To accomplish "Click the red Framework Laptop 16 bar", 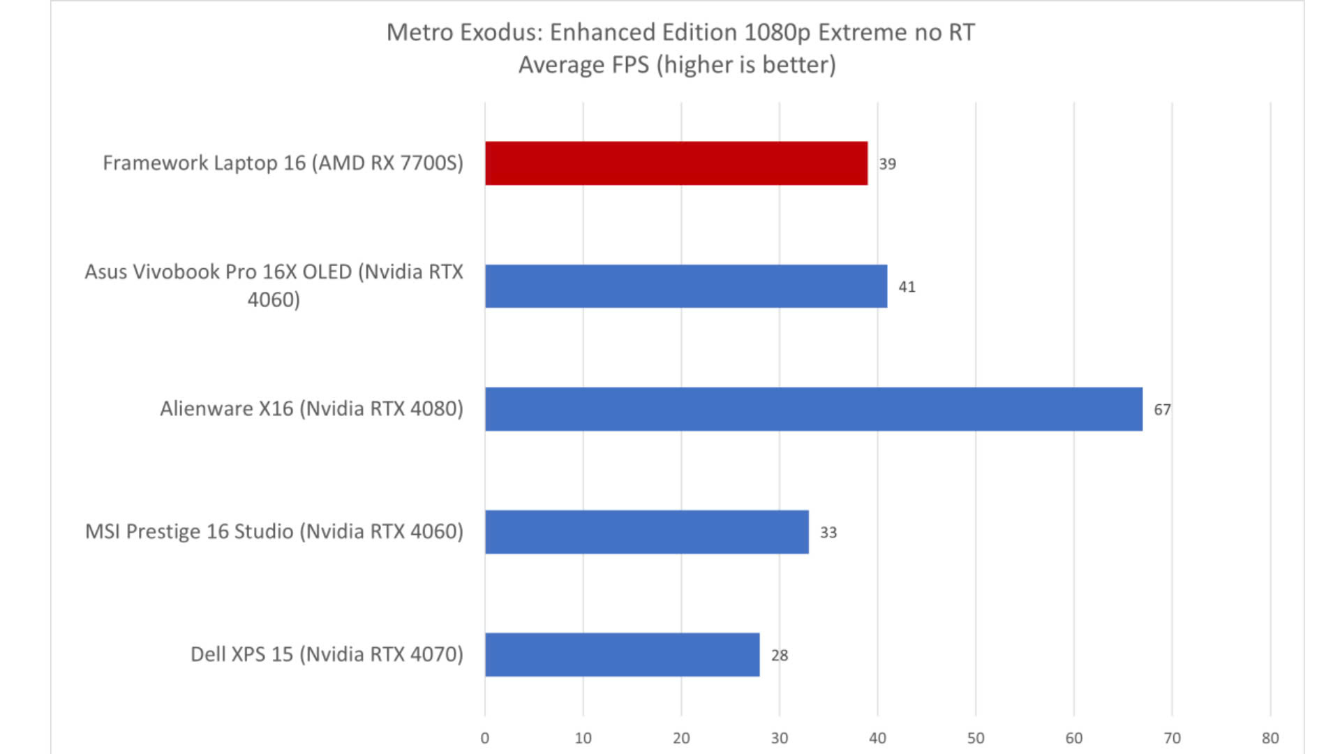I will click(676, 163).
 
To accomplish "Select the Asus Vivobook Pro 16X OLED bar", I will click(685, 286).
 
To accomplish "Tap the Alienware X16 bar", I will click(813, 409).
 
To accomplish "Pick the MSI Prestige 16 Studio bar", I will click(646, 532).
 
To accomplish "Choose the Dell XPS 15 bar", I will click(622, 655).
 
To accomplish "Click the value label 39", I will click(887, 164).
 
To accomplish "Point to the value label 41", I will click(907, 287).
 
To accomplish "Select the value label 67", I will click(1162, 410).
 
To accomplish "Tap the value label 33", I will click(828, 533).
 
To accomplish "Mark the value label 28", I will click(779, 656).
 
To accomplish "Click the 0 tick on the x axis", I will click(485, 738).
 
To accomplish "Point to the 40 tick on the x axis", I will click(877, 738).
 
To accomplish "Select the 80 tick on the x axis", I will click(1270, 738).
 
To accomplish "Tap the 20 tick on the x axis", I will click(681, 738).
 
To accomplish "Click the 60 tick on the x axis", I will click(1073, 738).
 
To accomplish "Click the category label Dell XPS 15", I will click(327, 654).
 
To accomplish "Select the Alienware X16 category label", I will click(311, 408).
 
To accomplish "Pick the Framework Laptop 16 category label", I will click(283, 163).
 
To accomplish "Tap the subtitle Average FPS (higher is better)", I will click(677, 65).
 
